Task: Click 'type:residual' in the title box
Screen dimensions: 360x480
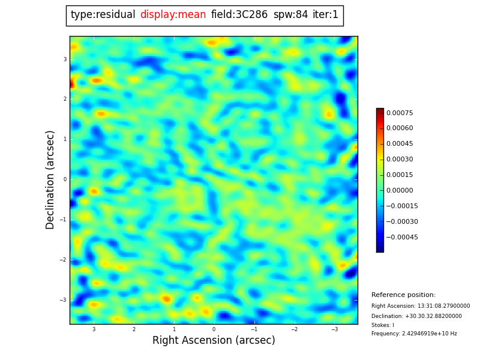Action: point(103,15)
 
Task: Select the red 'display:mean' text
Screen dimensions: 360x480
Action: point(173,15)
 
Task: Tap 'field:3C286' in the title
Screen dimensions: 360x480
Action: point(239,15)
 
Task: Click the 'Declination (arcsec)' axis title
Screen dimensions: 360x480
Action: point(50,179)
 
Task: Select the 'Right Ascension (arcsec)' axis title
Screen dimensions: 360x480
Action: point(214,341)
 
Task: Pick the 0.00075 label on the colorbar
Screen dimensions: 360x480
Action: point(400,113)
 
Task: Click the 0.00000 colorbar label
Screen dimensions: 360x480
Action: point(400,190)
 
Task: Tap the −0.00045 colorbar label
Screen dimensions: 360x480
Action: point(402,237)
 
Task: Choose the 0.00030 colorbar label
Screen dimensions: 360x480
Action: point(400,160)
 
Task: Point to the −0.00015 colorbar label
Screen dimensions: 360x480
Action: point(402,206)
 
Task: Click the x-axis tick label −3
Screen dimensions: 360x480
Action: point(334,329)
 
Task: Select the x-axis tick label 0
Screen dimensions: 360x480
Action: point(214,329)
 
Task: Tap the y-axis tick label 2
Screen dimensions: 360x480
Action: point(65,99)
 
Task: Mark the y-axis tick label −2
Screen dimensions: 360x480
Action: point(64,260)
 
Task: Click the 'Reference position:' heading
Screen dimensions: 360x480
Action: point(403,295)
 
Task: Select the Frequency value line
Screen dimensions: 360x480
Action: point(414,334)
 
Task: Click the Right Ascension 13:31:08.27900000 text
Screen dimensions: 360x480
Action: point(421,306)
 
